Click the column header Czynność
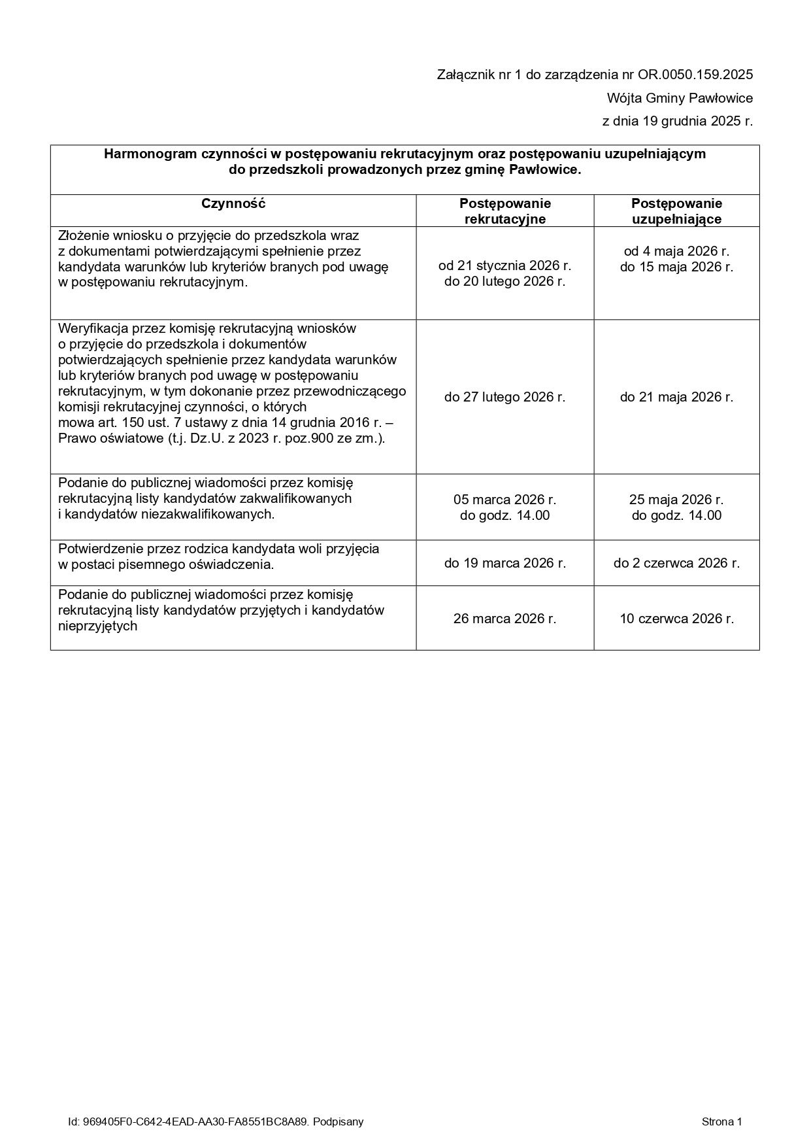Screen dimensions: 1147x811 coord(233,203)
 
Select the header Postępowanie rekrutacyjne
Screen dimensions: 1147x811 coord(505,211)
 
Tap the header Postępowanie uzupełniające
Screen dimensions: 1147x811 coord(676,211)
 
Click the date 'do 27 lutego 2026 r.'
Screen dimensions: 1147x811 coord(505,397)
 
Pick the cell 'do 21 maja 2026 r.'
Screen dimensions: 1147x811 coord(676,397)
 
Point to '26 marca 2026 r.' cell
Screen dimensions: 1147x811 coord(505,619)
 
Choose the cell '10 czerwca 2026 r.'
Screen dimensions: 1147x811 coord(676,619)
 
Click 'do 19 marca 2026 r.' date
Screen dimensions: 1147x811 coord(505,563)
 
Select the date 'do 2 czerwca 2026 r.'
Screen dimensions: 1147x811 coord(676,563)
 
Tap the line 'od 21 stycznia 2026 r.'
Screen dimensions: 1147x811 coord(505,265)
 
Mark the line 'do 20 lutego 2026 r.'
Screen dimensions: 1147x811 coord(505,282)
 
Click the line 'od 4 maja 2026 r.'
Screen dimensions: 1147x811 coord(676,251)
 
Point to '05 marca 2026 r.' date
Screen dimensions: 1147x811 coord(505,500)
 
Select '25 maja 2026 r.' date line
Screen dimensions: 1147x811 coord(676,500)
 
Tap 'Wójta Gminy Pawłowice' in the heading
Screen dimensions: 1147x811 coord(680,99)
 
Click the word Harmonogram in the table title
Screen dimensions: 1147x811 coord(144,154)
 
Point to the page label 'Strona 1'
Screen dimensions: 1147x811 coord(721,1122)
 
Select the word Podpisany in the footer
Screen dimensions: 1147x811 coord(338,1122)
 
